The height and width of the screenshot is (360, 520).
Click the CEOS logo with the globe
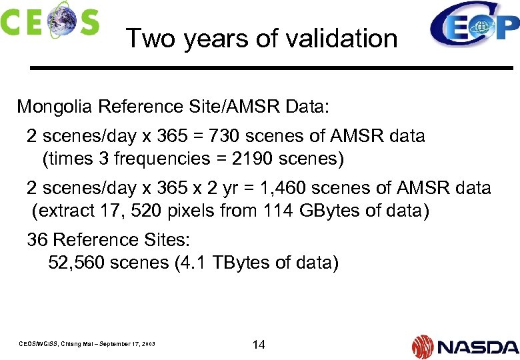[x=50, y=19]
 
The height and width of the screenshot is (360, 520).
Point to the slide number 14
[x=259, y=345]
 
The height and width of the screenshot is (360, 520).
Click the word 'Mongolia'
[x=54, y=107]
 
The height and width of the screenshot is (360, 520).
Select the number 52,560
[x=76, y=263]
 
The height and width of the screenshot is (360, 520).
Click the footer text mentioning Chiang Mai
[x=87, y=344]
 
